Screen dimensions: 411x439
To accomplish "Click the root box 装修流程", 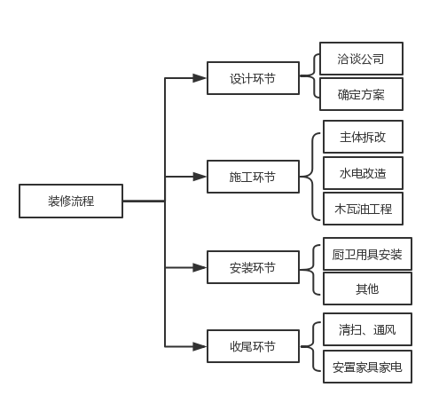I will coord(71,202).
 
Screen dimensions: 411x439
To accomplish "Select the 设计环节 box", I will coord(253,78).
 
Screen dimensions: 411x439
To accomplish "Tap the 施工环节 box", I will coord(253,178).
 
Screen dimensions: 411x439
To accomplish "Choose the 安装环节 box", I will coord(253,267).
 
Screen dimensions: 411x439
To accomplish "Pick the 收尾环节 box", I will coord(253,346).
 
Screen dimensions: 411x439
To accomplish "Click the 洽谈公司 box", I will coord(361,59).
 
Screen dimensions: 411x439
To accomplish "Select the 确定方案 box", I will coord(361,94).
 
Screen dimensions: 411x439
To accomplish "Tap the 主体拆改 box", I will coord(363,138).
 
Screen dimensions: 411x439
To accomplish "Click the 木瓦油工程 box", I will coord(363,209).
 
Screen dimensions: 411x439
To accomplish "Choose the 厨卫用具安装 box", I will coord(367,255).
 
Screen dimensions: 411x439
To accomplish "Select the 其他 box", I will coord(367,289).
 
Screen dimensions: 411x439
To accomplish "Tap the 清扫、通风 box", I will coord(367,330).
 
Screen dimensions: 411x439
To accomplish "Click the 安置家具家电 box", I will coord(367,366).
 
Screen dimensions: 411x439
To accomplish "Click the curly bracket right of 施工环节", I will coord(310,176).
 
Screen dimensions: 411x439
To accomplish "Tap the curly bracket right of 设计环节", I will coord(310,77).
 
